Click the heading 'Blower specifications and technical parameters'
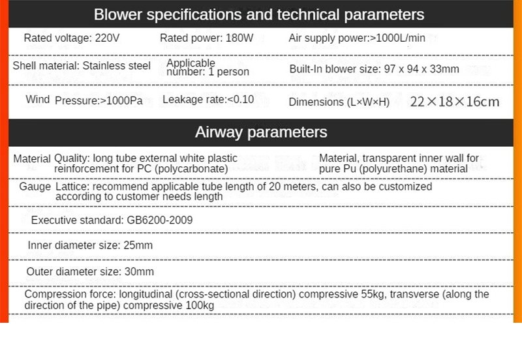[259, 14]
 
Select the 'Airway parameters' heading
[261, 132]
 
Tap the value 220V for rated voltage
[107, 38]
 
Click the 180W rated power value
[239, 38]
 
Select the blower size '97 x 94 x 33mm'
[422, 69]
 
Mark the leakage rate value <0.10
[241, 100]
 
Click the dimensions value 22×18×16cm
[454, 101]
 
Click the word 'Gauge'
[35, 187]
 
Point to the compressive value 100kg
[198, 305]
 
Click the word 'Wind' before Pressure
[37, 100]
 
